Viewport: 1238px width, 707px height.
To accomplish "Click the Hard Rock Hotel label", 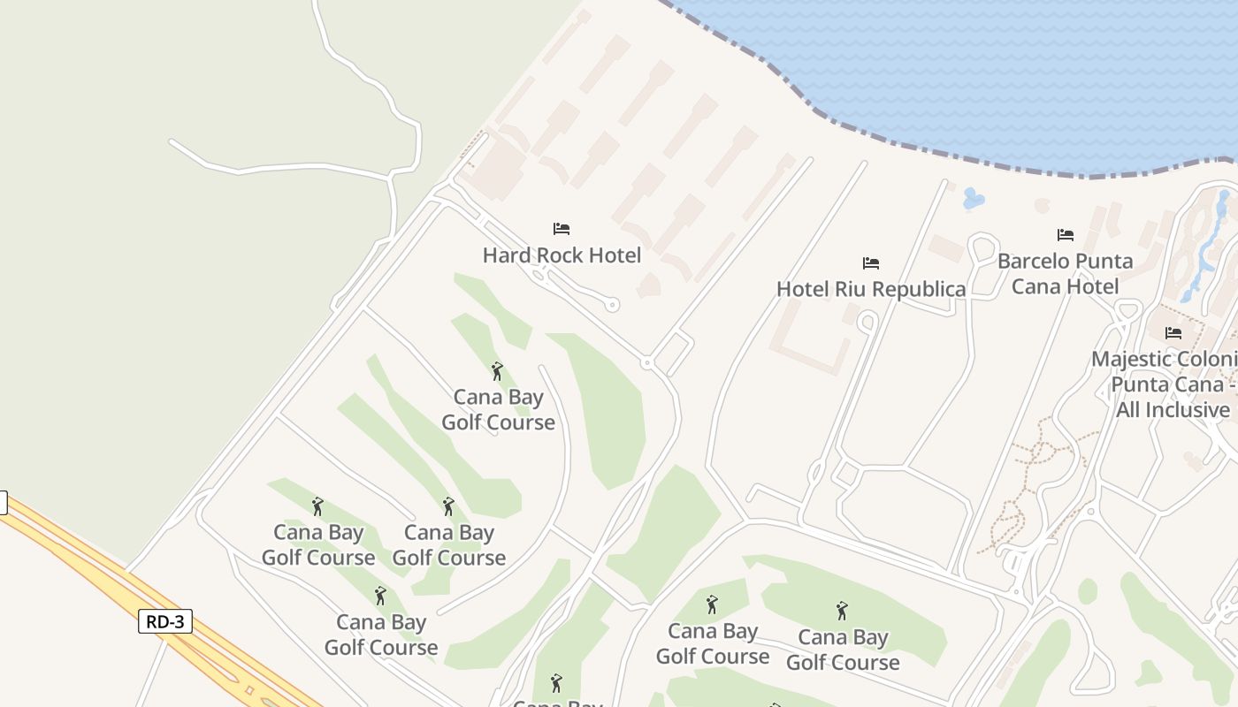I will tap(562, 255).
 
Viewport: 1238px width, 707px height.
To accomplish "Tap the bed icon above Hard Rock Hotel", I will tap(562, 229).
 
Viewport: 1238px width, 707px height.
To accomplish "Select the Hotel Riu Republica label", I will tap(871, 289).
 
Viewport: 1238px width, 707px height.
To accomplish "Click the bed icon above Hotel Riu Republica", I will tap(871, 263).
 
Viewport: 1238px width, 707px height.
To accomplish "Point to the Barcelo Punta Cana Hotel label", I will tap(1065, 273).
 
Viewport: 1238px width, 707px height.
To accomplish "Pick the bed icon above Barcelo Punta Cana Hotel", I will tap(1066, 235).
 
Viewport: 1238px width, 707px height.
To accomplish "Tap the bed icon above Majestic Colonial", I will tap(1173, 333).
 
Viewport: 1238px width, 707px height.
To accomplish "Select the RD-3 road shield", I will tap(165, 621).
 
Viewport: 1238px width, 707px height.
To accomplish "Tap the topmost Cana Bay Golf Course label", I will tap(499, 409).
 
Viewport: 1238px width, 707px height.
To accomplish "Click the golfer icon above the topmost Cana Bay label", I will tap(497, 371).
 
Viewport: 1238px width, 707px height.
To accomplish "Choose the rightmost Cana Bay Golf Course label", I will tap(843, 650).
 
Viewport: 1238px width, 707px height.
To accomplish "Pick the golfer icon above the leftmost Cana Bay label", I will tap(317, 506).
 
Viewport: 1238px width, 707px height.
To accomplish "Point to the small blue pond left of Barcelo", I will tap(974, 199).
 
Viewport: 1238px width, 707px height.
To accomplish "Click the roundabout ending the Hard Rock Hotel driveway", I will tap(612, 305).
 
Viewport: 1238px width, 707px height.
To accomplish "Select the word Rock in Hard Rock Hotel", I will tap(556, 255).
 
